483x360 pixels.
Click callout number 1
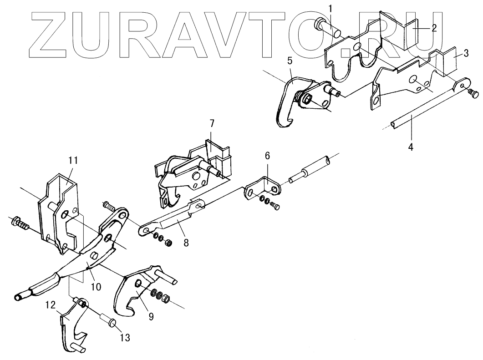[x=331, y=8]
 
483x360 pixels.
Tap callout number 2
[x=434, y=28]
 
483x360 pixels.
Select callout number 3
[x=466, y=53]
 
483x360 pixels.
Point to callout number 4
[x=411, y=147]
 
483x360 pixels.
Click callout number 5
[x=290, y=60]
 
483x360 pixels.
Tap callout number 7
[x=211, y=123]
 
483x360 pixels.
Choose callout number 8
[x=186, y=243]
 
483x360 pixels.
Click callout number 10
[x=96, y=287]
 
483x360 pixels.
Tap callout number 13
[x=125, y=338]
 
